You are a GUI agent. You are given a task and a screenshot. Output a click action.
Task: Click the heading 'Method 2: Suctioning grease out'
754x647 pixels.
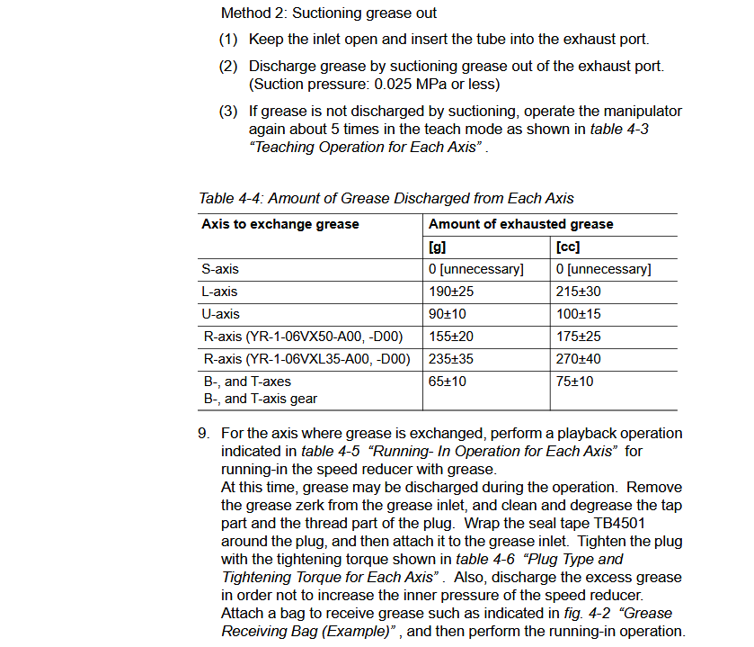point(329,13)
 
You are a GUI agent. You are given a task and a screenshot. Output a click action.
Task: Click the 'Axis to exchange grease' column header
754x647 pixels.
point(280,224)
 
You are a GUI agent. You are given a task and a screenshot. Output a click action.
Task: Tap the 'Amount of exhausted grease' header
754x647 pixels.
point(521,224)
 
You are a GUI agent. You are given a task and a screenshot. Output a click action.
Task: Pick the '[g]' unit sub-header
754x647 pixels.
point(439,247)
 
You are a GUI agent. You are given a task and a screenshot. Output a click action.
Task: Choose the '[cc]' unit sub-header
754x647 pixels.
point(568,247)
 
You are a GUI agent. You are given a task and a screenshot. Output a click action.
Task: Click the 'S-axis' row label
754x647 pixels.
point(220,269)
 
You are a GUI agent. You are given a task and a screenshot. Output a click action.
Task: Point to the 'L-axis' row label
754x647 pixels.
point(220,292)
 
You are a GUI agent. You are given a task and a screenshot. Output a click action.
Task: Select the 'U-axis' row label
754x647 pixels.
point(220,314)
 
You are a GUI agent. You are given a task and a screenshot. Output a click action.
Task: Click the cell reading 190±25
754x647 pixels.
point(452,292)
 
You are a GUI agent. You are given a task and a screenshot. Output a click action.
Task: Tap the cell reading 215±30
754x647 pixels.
point(580,292)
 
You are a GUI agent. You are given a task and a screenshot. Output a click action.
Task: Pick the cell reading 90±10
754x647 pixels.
point(448,314)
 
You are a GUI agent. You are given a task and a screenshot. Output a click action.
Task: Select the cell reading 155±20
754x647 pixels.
point(452,337)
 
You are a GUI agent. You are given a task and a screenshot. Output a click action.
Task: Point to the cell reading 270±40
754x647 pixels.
point(580,359)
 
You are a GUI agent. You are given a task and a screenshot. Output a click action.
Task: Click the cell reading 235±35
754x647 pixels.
point(452,359)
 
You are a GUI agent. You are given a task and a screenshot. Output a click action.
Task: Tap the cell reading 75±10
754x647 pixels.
point(575,382)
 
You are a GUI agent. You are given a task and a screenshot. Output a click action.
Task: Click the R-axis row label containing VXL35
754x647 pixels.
point(306,359)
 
